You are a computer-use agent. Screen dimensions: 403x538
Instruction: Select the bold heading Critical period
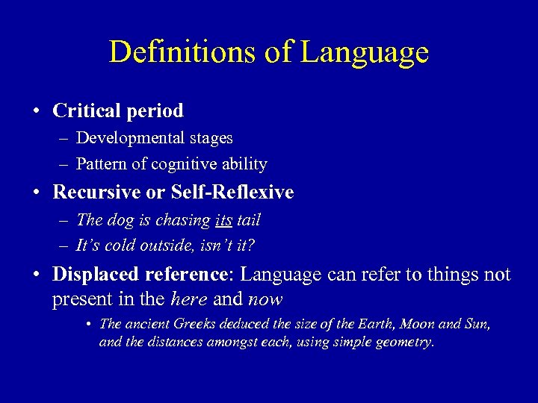(117, 111)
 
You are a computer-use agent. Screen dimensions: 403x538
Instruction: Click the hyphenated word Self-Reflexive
(232, 192)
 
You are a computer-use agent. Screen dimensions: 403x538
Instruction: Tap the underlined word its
(223, 220)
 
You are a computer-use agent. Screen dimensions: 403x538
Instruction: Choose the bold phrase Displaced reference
(139, 275)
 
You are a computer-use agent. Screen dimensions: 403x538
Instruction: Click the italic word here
(188, 300)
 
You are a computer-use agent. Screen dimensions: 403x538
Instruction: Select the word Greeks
(190, 325)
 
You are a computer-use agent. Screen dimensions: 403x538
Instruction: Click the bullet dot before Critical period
(37, 112)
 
